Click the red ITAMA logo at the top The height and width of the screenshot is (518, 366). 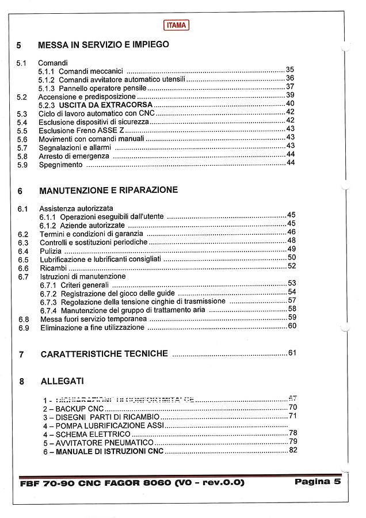(x=176, y=25)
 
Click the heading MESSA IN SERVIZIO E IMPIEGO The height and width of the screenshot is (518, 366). (x=103, y=44)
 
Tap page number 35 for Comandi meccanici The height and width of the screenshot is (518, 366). (x=290, y=70)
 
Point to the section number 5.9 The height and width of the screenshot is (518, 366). (x=22, y=165)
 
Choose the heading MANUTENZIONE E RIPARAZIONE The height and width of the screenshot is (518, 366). (x=108, y=190)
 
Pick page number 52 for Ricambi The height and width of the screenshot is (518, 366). (x=291, y=266)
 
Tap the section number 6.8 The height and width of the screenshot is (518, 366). (x=23, y=319)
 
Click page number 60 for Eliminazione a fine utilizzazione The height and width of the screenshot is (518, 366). (x=292, y=326)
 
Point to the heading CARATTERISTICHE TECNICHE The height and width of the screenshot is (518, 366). (x=104, y=354)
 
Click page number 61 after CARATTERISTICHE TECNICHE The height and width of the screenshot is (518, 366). (x=292, y=353)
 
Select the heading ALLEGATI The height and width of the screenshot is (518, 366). (x=62, y=381)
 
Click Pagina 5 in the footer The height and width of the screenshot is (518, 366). (x=318, y=482)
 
